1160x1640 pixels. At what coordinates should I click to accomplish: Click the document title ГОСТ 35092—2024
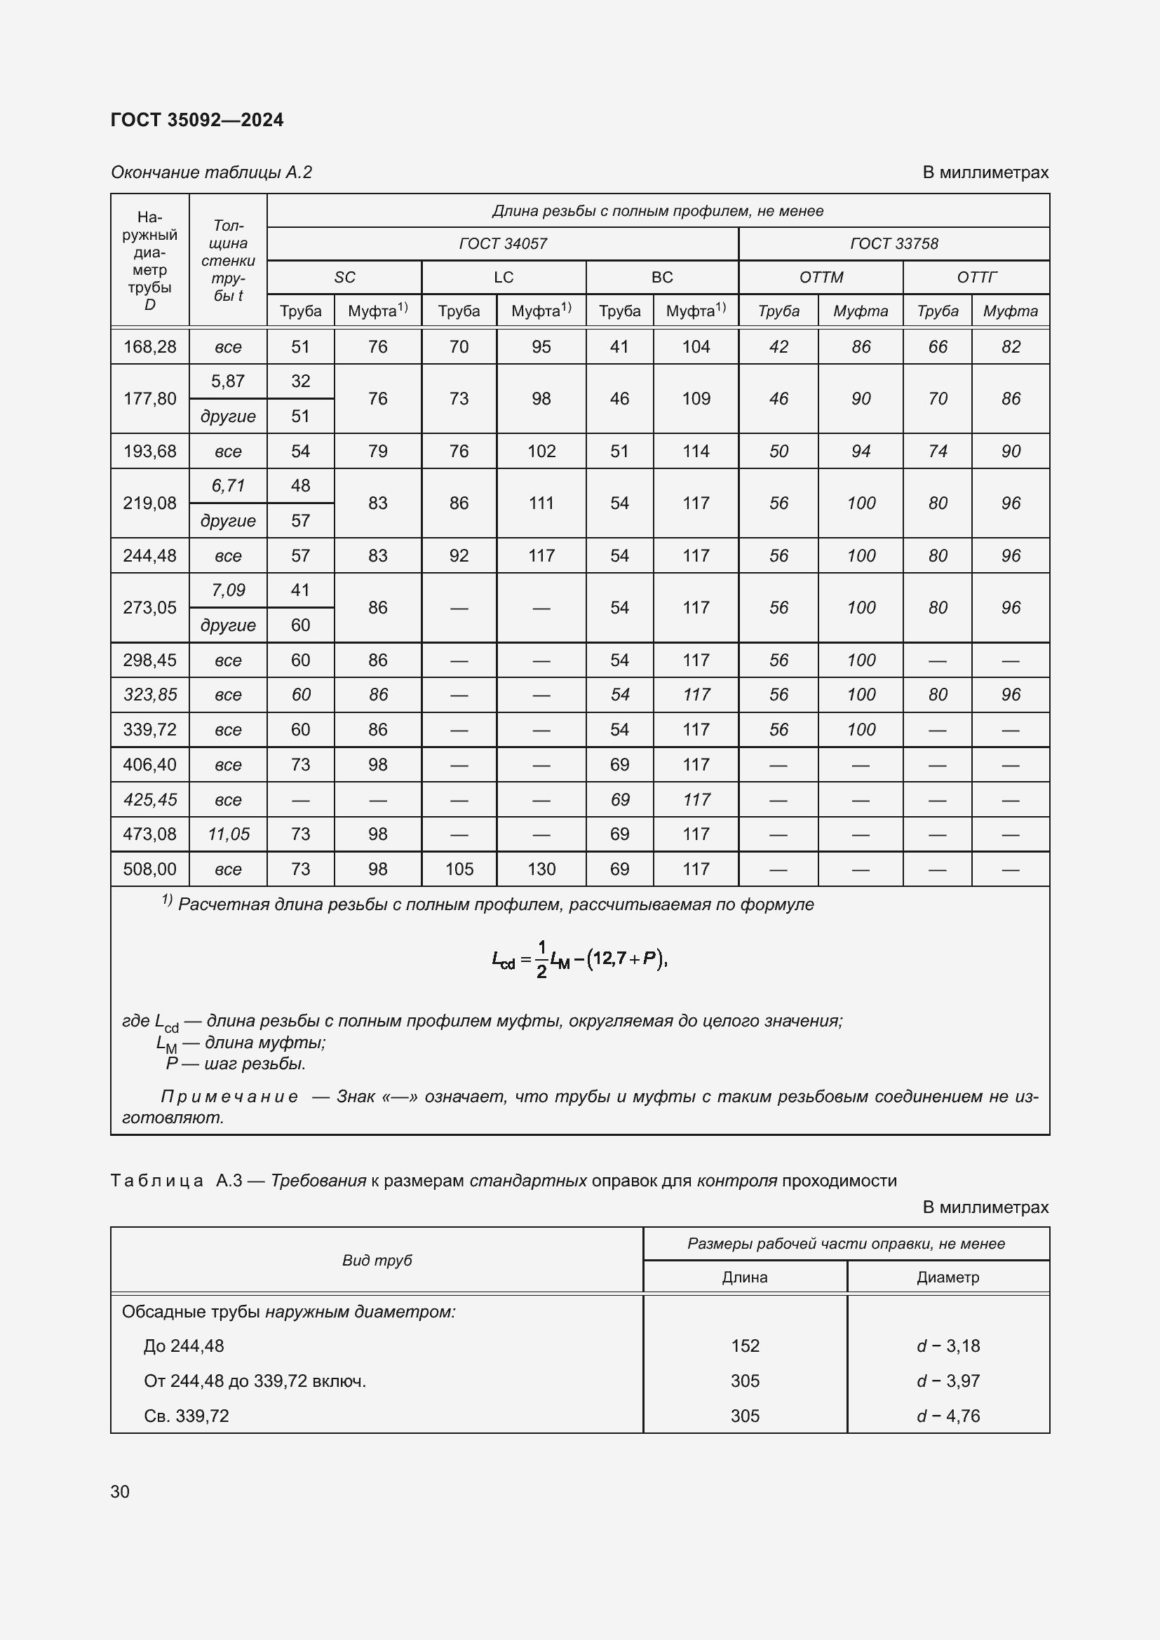[197, 120]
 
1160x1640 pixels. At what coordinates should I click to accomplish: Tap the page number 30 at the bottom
[120, 1491]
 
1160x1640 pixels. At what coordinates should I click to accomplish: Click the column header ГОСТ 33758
[893, 243]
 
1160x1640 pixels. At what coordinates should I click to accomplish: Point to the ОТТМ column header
[821, 277]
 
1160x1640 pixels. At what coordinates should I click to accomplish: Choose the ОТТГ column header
[976, 277]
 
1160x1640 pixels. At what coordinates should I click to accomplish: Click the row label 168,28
[149, 346]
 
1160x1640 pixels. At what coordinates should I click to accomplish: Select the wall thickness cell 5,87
[228, 381]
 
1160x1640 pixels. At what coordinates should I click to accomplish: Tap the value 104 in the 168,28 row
[696, 346]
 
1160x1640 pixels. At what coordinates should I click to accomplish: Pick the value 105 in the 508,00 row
[459, 869]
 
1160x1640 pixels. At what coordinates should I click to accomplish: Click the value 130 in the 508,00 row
[541, 869]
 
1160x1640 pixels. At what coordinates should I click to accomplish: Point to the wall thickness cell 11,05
[228, 834]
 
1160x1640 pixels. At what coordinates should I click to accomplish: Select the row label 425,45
[149, 799]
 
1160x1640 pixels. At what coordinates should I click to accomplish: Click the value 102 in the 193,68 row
[541, 451]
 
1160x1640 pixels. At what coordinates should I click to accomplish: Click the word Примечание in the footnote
[229, 1097]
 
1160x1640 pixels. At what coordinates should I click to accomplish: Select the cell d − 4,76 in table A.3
[948, 1416]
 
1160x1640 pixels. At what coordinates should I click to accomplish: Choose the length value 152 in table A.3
[744, 1346]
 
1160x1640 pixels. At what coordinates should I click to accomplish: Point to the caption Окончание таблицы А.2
[211, 172]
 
